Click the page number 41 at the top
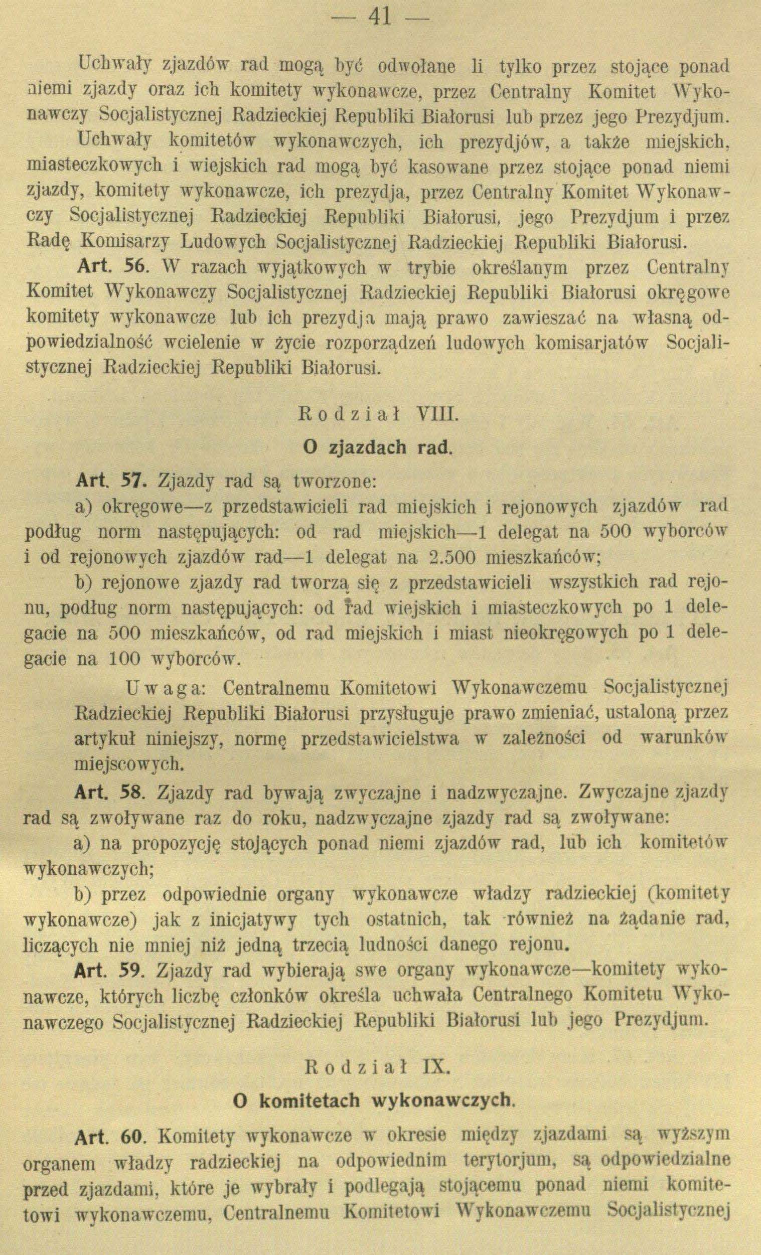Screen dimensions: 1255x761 pos(380,18)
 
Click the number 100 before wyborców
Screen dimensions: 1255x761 pos(125,659)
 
